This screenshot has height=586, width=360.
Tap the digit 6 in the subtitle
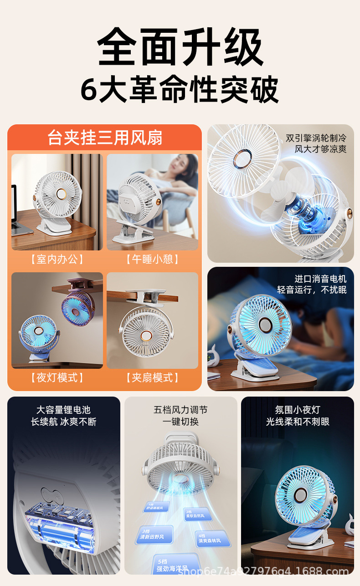[89, 90]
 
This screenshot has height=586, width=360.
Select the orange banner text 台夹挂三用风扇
[105, 138]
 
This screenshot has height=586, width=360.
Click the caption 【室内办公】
[57, 260]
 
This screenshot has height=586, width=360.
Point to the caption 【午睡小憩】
[153, 260]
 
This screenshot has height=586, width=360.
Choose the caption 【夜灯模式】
[57, 377]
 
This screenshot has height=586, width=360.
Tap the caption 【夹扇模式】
[153, 377]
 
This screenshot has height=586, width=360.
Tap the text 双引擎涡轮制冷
[316, 138]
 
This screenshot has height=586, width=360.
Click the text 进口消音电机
[320, 279]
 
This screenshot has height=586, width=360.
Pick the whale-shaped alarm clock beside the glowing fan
[215, 355]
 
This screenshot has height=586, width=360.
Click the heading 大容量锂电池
[63, 410]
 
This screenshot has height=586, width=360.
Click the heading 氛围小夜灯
[298, 410]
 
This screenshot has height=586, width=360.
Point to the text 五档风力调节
[180, 410]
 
